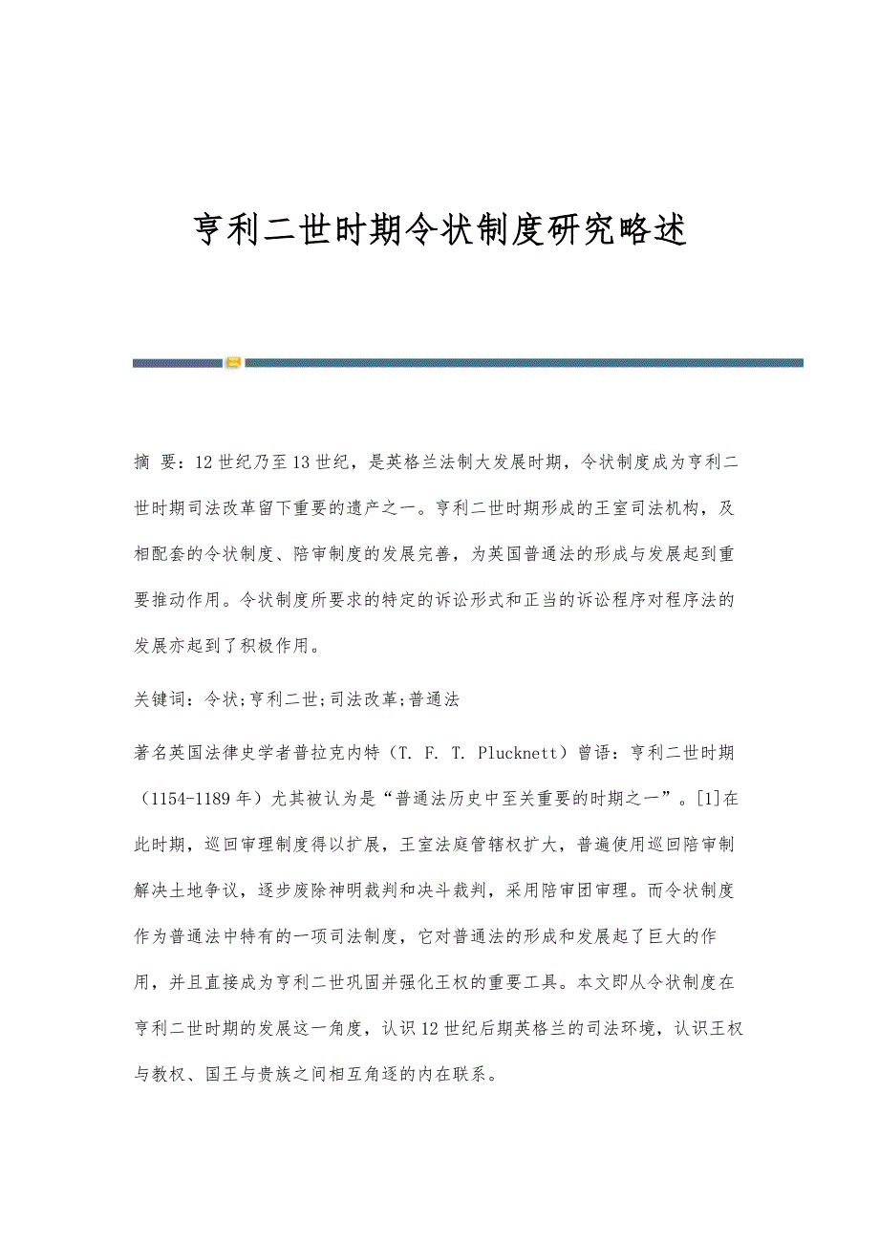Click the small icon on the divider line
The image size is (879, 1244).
[233, 362]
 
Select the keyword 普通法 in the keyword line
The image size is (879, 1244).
[435, 698]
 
